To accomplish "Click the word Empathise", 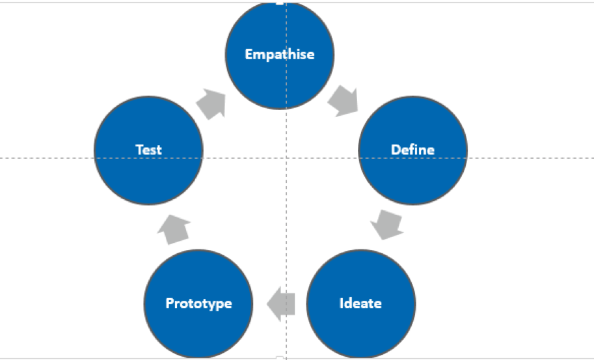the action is point(280,54).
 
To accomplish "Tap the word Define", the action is point(412,150).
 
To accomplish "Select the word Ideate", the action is point(360,303).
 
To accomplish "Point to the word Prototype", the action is point(199,303).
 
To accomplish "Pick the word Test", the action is point(148,150).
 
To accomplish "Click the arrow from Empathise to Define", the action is point(344,101).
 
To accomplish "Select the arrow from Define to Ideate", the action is point(386,225).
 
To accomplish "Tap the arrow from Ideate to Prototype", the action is point(281,304).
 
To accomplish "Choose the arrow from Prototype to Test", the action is point(174,230).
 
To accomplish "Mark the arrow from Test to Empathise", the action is point(211,104).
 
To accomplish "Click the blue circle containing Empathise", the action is point(280,55).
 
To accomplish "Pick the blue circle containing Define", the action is point(413,150).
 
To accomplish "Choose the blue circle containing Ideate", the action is point(361,304).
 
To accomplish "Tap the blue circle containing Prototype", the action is point(198,304).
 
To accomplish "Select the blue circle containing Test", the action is point(148,150).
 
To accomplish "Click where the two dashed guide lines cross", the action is point(286,158).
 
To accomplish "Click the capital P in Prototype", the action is point(170,303).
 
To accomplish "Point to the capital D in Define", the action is point(396,150).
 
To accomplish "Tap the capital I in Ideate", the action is point(342,303).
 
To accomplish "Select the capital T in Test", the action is point(140,150).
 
